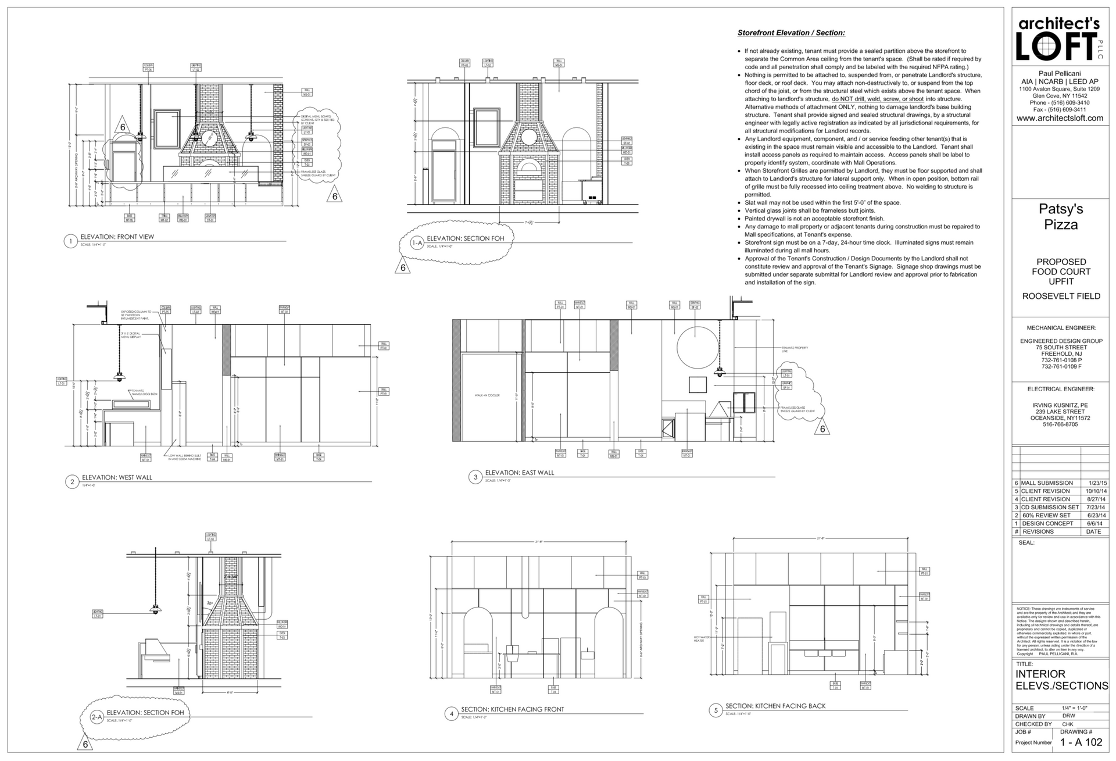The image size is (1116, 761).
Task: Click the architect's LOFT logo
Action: click(x=1060, y=40)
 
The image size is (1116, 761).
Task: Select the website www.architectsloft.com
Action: click(x=1060, y=118)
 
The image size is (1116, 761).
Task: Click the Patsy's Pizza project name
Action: click(x=1061, y=217)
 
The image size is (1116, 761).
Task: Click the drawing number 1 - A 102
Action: click(x=1081, y=742)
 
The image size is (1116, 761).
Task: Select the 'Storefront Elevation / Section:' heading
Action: click(x=791, y=33)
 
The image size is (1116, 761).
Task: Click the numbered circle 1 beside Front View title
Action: click(x=71, y=241)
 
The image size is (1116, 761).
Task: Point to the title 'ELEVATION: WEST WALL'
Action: click(x=117, y=477)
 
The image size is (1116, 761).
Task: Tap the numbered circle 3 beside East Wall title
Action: click(x=475, y=477)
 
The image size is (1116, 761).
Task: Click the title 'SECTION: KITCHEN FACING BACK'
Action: click(x=775, y=706)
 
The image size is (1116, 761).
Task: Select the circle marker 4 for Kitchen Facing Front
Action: click(x=452, y=714)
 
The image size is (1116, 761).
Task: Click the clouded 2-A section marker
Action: click(x=97, y=718)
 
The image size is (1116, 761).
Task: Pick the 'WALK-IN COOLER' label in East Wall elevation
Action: click(x=487, y=395)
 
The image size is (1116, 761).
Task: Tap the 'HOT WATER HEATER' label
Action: click(x=702, y=639)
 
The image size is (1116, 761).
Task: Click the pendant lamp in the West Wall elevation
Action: click(x=119, y=377)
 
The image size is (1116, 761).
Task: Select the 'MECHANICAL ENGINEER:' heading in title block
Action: click(x=1061, y=328)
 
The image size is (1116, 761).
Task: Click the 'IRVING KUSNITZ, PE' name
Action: click(x=1060, y=405)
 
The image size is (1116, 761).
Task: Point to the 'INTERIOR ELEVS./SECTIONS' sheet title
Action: click(x=1061, y=680)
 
